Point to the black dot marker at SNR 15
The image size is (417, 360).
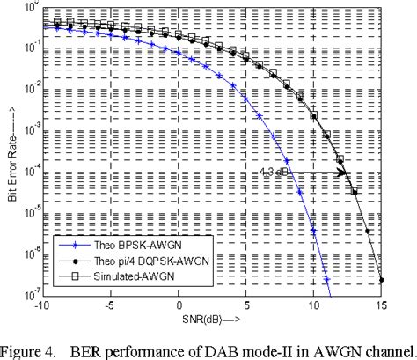[382, 280]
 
